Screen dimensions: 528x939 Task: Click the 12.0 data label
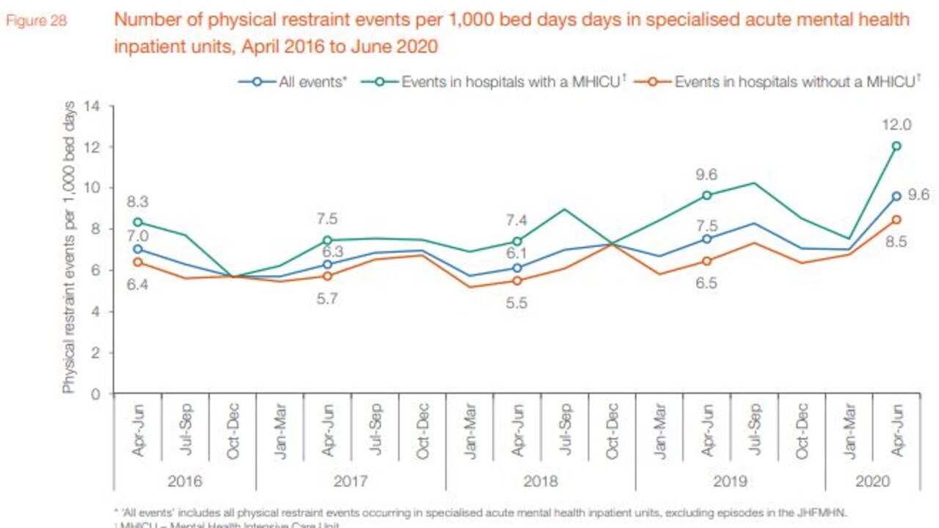896,125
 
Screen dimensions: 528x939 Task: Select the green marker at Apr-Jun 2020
896,146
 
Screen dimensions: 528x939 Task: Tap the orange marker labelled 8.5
896,219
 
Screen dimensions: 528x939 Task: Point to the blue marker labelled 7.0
137,249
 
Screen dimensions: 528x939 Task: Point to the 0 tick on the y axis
95,394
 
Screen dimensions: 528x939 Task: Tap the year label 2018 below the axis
541,481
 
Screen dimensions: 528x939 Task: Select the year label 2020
872,481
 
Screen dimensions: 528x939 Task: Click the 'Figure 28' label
36,21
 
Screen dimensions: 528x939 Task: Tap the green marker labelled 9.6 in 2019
706,195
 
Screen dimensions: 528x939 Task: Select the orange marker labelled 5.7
327,276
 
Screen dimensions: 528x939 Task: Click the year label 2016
185,481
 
